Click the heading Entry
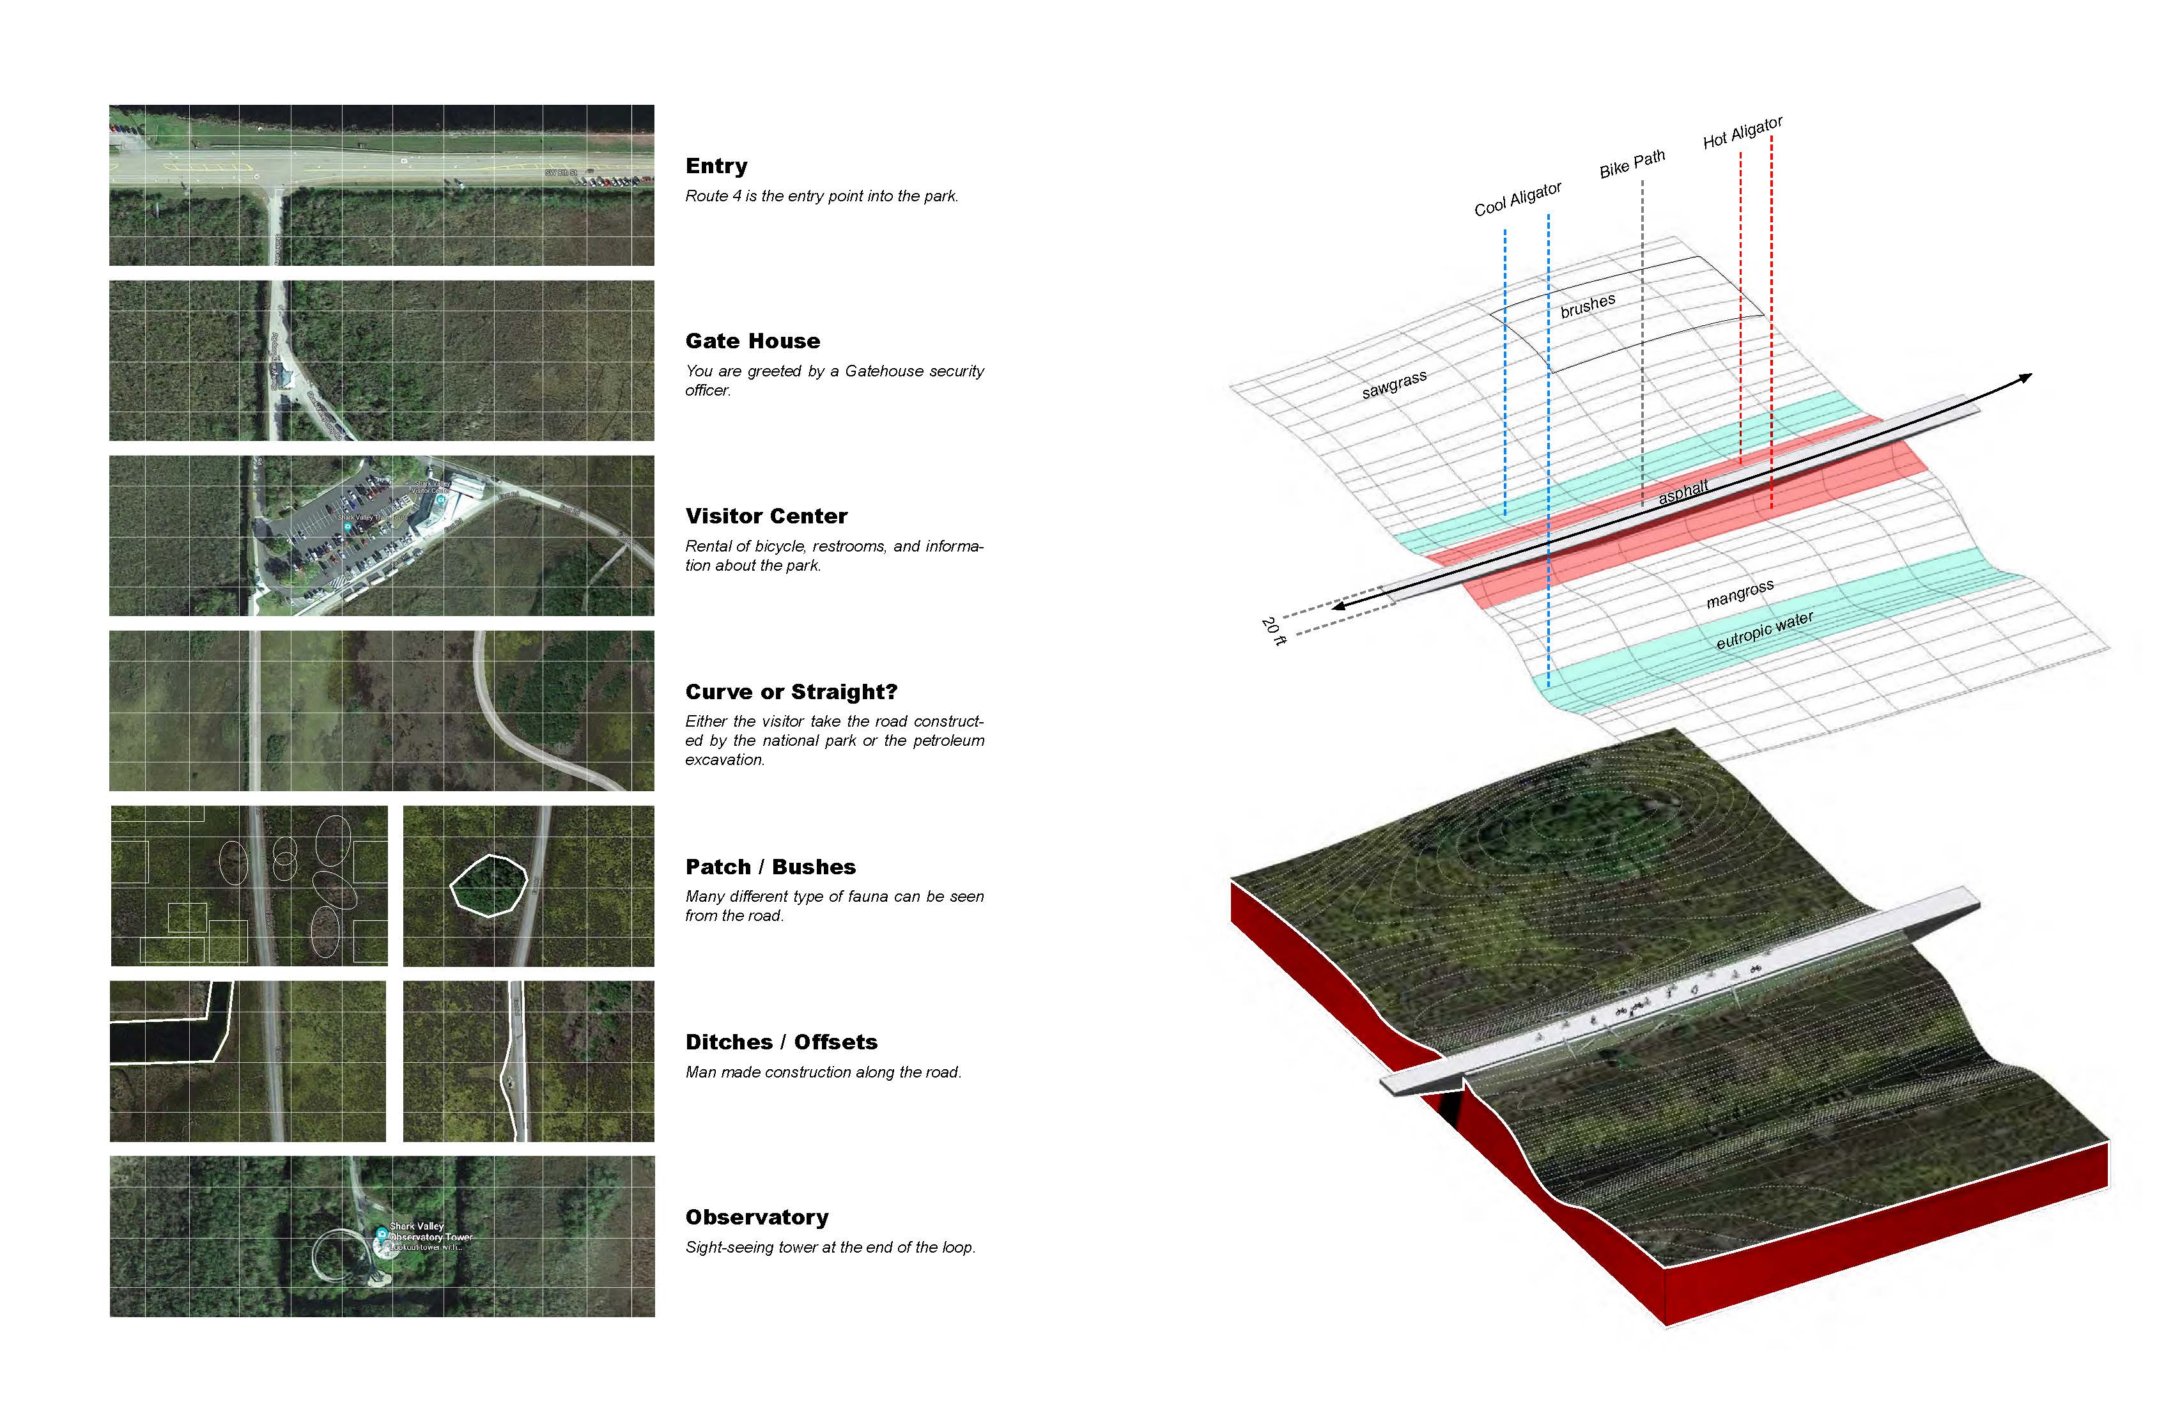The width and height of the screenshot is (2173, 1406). pos(716,166)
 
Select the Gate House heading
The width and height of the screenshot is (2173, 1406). pos(752,341)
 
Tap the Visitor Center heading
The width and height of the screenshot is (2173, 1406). pos(766,517)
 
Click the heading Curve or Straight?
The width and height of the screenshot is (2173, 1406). pos(791,692)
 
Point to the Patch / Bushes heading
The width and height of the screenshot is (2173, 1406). pos(769,867)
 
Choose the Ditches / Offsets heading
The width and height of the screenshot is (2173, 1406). pos(780,1042)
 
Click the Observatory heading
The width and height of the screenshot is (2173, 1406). pos(757,1218)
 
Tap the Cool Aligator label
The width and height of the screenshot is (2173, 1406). pos(1517,199)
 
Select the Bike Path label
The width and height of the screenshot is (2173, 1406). pos(1632,164)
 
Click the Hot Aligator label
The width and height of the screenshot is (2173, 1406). pos(1742,132)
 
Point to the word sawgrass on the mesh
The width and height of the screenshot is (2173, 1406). pos(1393,384)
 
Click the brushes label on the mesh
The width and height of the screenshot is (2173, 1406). pos(1587,306)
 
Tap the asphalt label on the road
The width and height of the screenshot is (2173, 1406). pos(1683,492)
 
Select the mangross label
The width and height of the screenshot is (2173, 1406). pos(1739,594)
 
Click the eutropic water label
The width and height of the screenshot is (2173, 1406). pos(1764,631)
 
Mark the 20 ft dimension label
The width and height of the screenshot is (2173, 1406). pos(1272,631)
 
